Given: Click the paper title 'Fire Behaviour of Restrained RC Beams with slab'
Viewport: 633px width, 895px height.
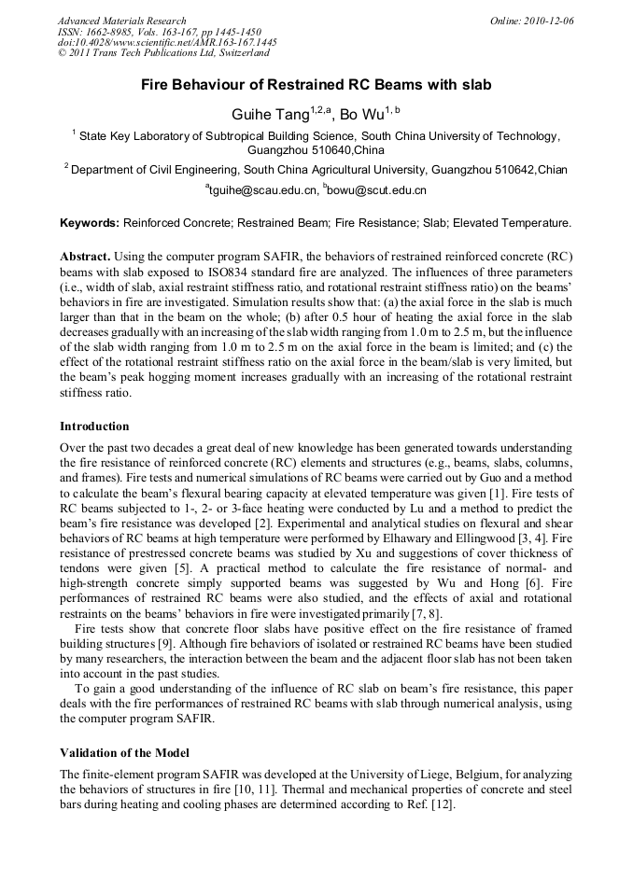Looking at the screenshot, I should pos(316,85).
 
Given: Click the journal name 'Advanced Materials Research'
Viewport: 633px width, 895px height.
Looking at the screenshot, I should pos(121,21).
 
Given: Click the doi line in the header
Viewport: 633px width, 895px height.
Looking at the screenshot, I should pos(167,43).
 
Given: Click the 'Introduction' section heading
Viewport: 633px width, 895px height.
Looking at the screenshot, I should pos(94,427).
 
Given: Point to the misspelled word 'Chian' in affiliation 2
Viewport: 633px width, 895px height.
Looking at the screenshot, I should pos(550,170).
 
